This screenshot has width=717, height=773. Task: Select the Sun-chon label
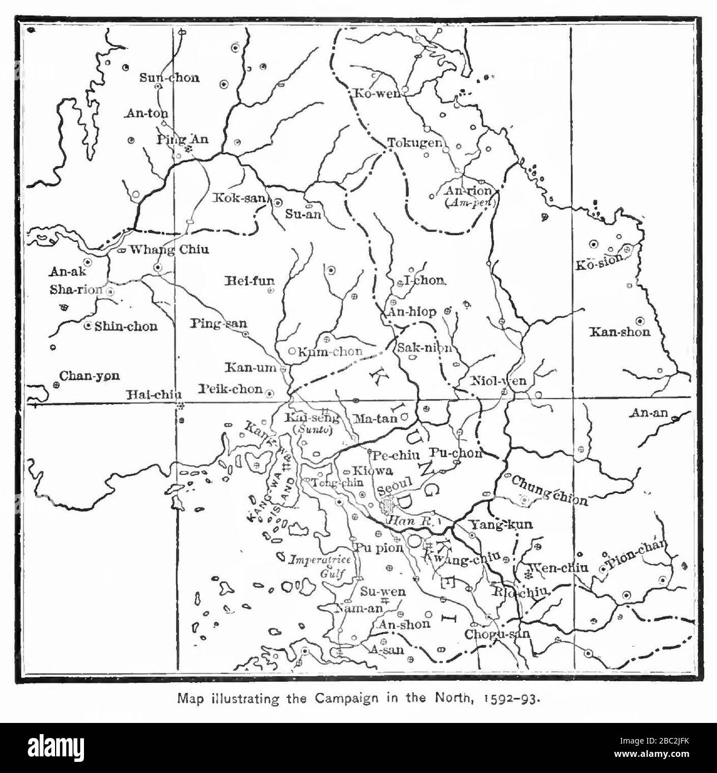[x=169, y=78]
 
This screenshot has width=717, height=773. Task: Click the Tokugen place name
[x=414, y=143]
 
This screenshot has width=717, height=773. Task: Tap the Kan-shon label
[x=620, y=333]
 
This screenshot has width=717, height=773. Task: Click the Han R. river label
[x=406, y=522]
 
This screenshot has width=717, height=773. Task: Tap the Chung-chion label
[x=548, y=490]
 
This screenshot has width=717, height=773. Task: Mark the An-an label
[x=648, y=413]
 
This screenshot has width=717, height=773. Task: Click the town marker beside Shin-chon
[x=87, y=326]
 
